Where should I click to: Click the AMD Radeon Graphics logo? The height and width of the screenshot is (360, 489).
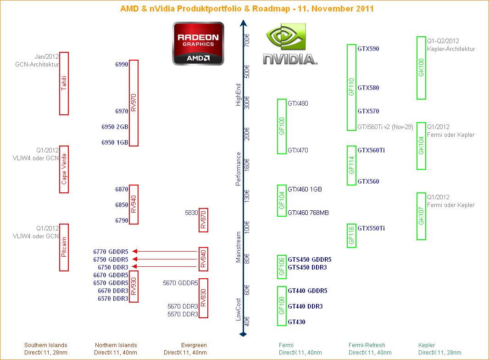198,43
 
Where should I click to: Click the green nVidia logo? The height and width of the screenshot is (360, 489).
290,45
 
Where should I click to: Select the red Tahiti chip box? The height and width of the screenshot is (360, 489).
64,83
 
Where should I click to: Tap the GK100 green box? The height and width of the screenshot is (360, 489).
421,68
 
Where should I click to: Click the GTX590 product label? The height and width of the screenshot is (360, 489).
368,49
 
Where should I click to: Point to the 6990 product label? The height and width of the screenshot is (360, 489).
122,65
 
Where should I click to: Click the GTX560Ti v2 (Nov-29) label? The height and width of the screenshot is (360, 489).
385,127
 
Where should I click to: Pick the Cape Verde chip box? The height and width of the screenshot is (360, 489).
64,169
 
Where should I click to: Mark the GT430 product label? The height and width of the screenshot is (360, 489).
296,322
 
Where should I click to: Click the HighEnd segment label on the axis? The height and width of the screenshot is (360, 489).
238,95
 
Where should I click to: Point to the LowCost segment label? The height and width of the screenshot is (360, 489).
238,309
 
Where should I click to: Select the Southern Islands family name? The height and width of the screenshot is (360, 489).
46,345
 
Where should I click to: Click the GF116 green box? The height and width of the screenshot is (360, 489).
351,236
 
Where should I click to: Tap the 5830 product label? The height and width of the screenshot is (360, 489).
191,213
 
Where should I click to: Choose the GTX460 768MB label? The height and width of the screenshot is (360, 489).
308,213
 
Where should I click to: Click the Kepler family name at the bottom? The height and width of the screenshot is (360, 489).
427,345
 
